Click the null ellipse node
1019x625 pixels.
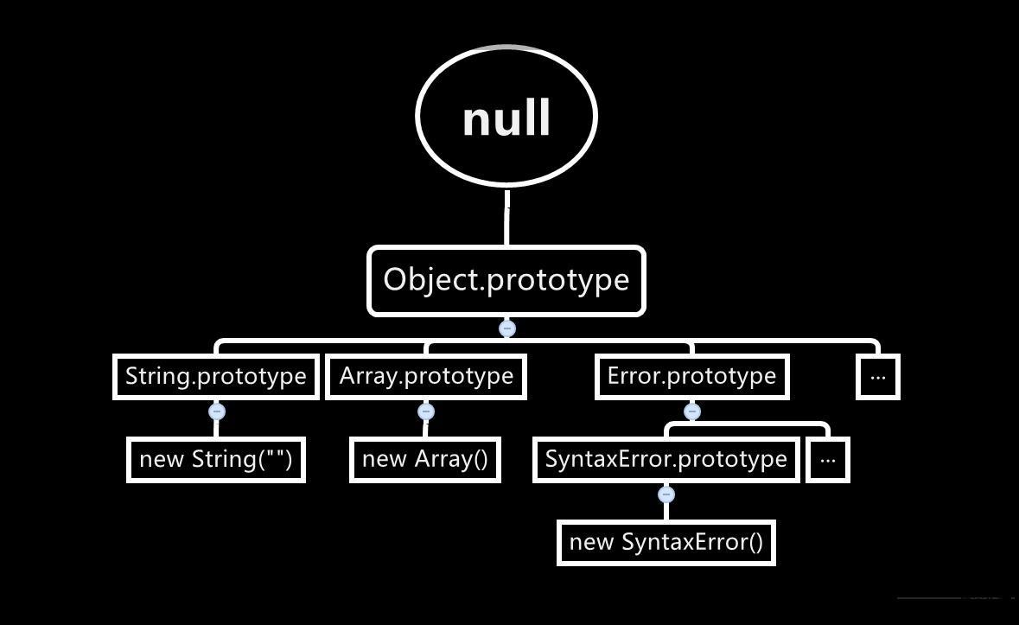coord(506,117)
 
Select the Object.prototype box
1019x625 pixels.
coord(506,280)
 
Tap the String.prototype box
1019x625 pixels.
coord(215,376)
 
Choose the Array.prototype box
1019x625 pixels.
coord(426,376)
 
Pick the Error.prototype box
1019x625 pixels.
coord(691,376)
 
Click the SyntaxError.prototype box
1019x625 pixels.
coord(666,459)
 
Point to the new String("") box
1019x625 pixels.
coord(215,459)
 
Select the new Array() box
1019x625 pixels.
coord(425,459)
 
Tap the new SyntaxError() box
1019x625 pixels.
coord(666,542)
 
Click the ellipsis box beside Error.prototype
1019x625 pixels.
coord(878,377)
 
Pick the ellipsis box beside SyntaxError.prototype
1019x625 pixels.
coord(828,459)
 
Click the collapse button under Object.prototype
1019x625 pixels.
coord(507,328)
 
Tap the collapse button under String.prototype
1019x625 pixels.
coord(217,411)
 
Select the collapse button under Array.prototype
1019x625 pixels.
coord(425,411)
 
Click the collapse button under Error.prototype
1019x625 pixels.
coord(691,411)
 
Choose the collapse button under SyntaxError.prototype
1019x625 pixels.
coord(666,494)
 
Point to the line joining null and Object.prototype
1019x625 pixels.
coord(506,216)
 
